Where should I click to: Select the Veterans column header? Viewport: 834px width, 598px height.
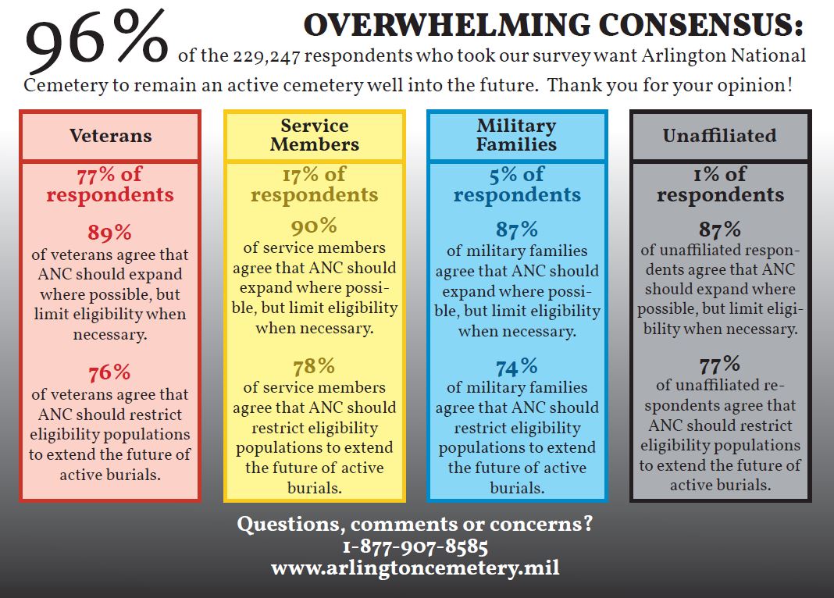[x=110, y=135]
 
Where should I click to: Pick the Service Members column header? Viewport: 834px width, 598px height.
[x=314, y=135]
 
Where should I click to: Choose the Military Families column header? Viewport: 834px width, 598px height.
[x=517, y=135]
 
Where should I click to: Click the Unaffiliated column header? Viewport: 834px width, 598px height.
[x=719, y=135]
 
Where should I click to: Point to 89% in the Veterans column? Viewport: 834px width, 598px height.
[x=110, y=233]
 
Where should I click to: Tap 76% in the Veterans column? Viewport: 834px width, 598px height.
[x=110, y=372]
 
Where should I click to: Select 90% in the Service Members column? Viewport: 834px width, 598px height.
[x=314, y=226]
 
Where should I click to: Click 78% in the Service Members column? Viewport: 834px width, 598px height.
[x=314, y=366]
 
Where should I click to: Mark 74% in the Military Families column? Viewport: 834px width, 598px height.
[x=517, y=366]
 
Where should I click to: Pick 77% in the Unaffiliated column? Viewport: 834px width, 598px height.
[x=720, y=364]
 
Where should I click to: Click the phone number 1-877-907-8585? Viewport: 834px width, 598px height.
[x=415, y=546]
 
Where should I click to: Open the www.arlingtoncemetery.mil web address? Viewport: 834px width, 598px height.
[x=415, y=568]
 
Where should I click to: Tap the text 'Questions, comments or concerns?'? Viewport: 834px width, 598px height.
[x=415, y=524]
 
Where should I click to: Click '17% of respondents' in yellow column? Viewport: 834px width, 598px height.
[x=314, y=184]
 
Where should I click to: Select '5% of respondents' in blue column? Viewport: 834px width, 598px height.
[x=517, y=184]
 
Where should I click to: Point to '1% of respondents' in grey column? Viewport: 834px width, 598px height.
[x=720, y=184]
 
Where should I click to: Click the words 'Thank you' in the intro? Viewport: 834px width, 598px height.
[x=581, y=84]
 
